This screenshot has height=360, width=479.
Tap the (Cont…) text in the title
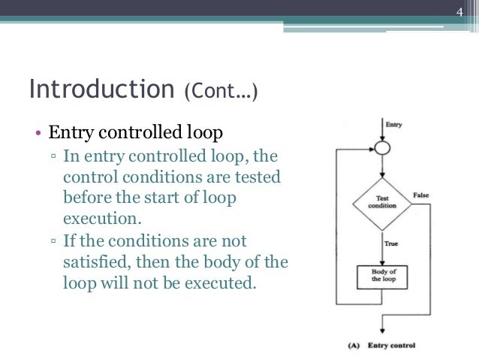click(221, 91)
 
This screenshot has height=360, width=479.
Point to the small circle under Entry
click(382, 148)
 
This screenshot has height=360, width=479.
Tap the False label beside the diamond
click(421, 194)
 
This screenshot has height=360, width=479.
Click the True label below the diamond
click(391, 244)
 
